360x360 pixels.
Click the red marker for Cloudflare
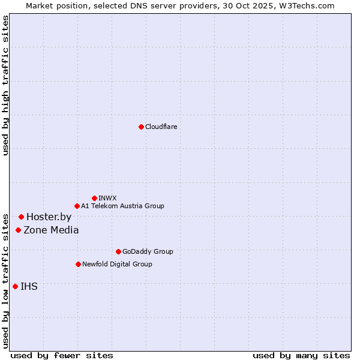[x=141, y=127]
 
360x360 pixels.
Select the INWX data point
[x=94, y=198]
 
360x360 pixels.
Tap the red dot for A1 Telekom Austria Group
[x=77, y=206]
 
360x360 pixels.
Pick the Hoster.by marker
[x=21, y=217]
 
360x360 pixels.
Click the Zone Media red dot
[x=18, y=230]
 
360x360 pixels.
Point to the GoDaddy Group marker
[x=118, y=251]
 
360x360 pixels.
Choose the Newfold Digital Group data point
[x=78, y=264]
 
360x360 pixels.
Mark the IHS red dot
[x=15, y=286]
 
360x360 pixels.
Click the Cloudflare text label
[x=161, y=127]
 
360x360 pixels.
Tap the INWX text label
[x=107, y=198]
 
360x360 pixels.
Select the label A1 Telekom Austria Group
[x=122, y=206]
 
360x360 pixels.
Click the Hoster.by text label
[x=49, y=217]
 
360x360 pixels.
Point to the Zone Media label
[x=51, y=230]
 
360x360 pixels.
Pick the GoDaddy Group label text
[x=148, y=251]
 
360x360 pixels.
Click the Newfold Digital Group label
[x=117, y=264]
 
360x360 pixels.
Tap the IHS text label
[x=29, y=286]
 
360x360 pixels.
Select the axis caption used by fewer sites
[x=62, y=355]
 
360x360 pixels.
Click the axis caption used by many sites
[x=301, y=355]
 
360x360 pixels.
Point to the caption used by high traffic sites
[x=5, y=86]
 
